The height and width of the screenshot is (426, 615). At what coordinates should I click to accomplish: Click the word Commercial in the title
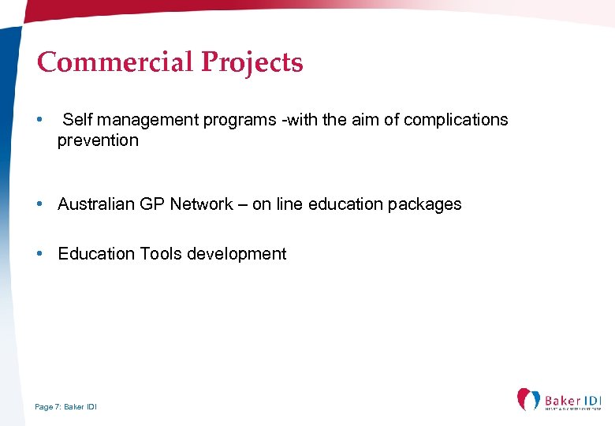click(x=114, y=62)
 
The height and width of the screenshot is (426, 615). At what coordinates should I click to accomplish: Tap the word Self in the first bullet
click(x=76, y=120)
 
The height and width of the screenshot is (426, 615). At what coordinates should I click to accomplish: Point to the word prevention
click(x=98, y=140)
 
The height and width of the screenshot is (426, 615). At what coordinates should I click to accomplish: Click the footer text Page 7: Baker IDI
click(x=66, y=407)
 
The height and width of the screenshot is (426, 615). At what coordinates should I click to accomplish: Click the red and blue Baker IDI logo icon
click(x=528, y=399)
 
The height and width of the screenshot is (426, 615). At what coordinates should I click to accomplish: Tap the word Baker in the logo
click(x=562, y=402)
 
